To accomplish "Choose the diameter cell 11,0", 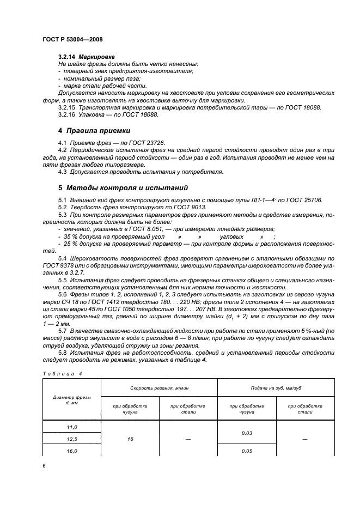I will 72,428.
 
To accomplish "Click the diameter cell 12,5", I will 72,439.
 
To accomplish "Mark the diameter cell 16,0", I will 72,451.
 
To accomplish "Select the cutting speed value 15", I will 130,439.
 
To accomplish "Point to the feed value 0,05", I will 247,451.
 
